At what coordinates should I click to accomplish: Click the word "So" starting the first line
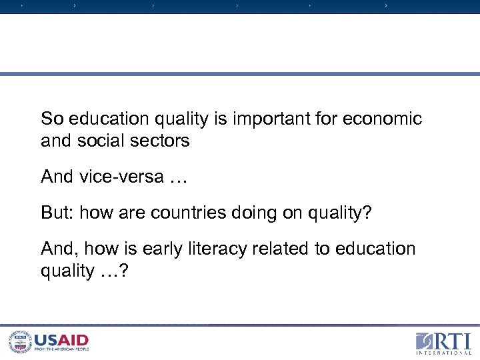pyautogui.click(x=51, y=119)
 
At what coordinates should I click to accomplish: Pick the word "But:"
pyautogui.click(x=58, y=213)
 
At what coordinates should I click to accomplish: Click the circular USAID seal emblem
pyautogui.click(x=19, y=341)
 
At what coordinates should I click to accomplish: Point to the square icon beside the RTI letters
pyautogui.click(x=425, y=341)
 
